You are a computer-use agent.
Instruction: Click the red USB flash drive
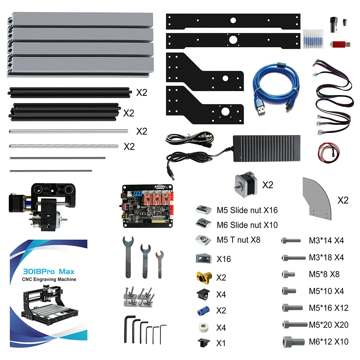point(339,44)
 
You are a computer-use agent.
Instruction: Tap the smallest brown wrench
point(159,264)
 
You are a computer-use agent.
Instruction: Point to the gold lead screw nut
point(203,278)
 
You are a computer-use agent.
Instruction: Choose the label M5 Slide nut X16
point(247,210)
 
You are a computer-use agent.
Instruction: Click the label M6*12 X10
point(328,341)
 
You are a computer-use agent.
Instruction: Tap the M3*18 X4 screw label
point(326,257)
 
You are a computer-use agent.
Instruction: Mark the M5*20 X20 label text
point(328,325)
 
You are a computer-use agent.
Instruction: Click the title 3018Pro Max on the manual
point(50,271)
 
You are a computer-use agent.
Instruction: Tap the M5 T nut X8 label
point(238,240)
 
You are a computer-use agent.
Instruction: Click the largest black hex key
point(128,328)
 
